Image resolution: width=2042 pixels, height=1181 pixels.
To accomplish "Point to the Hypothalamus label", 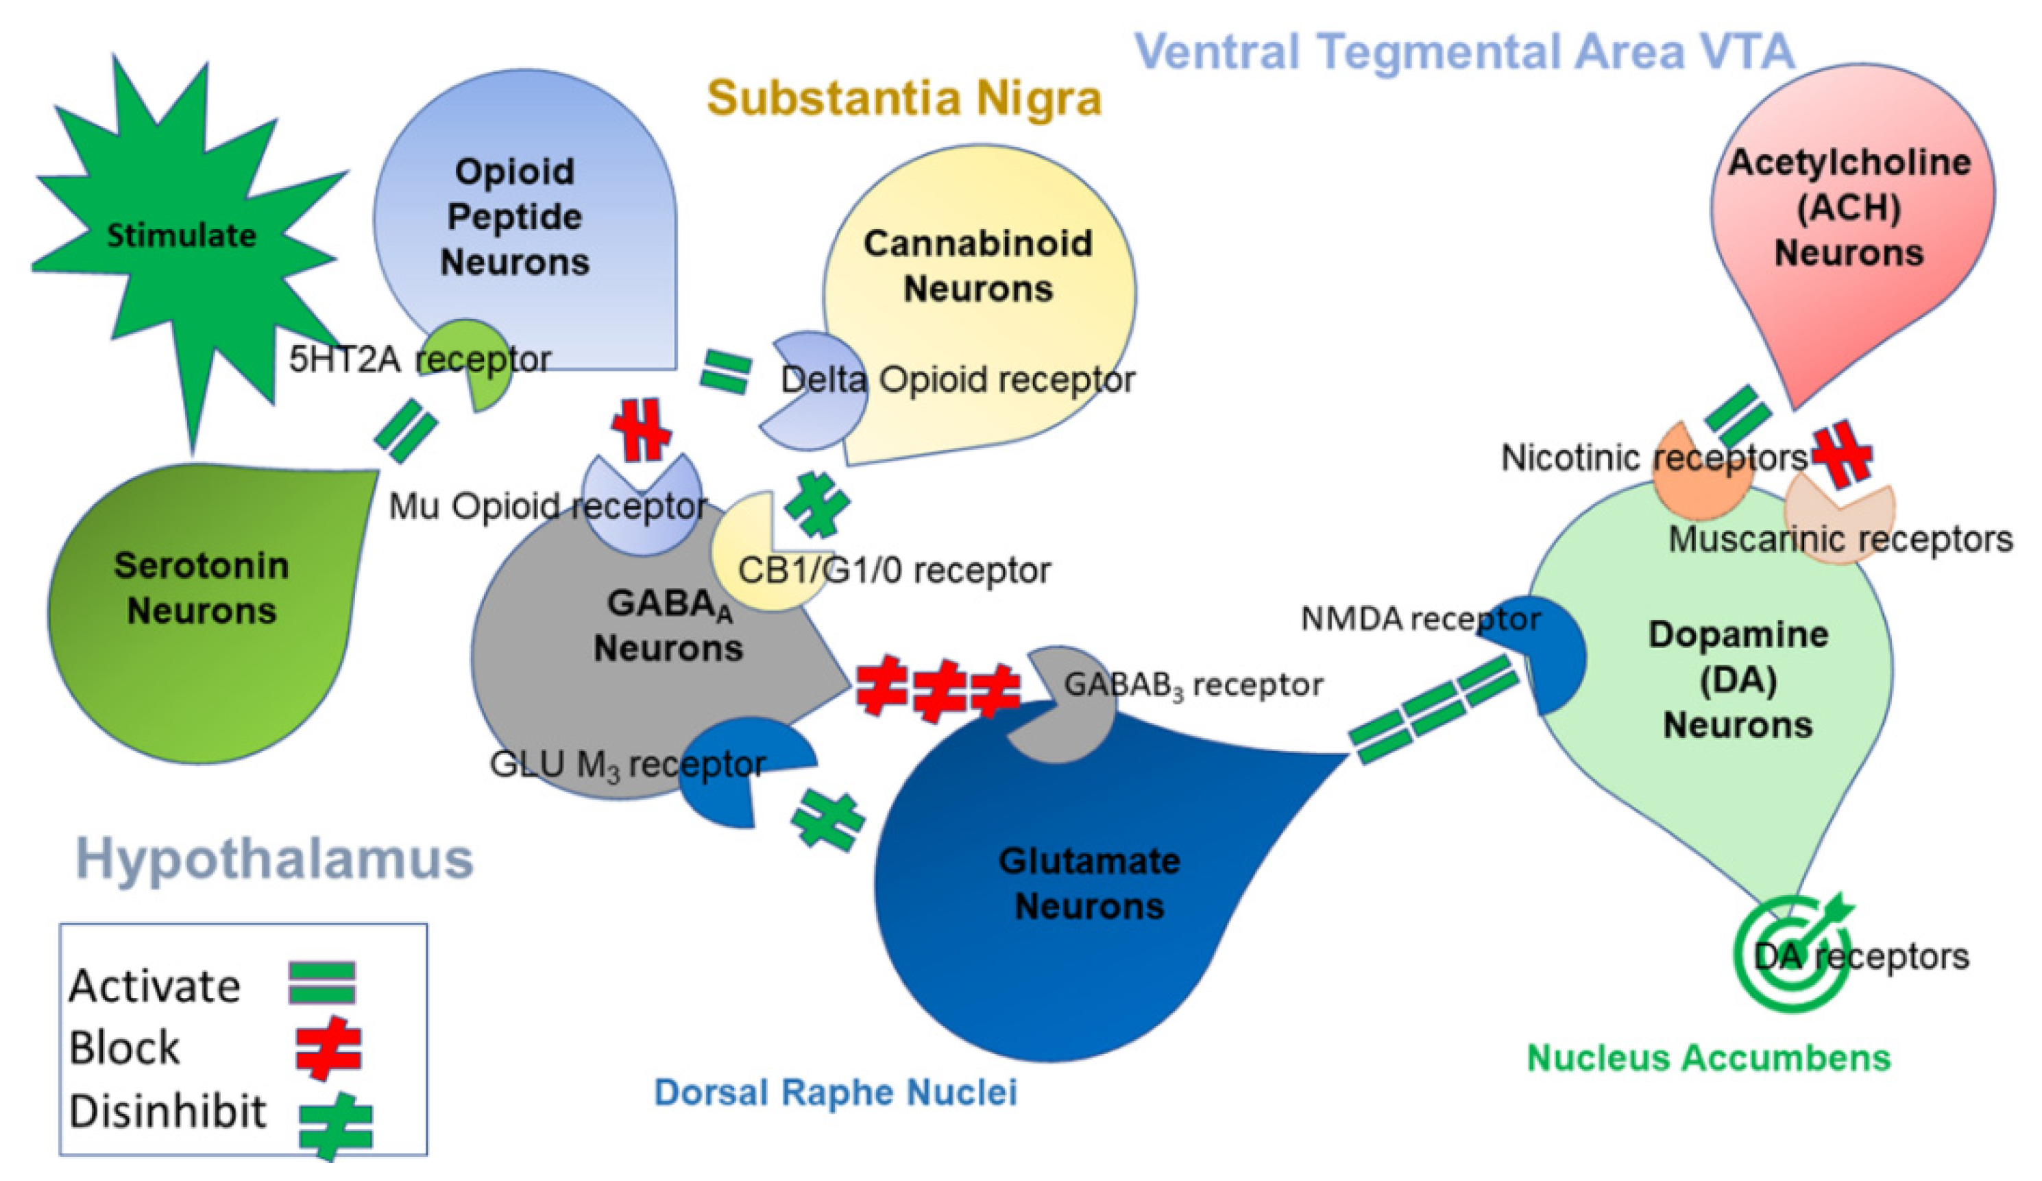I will tap(274, 859).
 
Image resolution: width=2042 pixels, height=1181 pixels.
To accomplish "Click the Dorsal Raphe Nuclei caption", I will tap(836, 1092).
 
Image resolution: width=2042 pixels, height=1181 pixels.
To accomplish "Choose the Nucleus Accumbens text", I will tap(1708, 1058).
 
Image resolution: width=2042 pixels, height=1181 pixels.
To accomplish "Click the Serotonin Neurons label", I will tap(201, 588).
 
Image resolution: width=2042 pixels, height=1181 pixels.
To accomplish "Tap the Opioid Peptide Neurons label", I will tap(515, 217).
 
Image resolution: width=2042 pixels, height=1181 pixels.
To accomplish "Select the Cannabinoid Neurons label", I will tap(978, 266).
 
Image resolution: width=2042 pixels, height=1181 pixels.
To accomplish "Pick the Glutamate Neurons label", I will tap(1089, 883).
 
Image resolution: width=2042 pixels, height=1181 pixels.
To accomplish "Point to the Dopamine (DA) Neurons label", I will tap(1738, 679).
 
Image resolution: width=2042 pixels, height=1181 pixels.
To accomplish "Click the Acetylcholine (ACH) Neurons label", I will tap(1849, 208).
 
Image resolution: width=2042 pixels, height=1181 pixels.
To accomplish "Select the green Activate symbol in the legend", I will tap(322, 983).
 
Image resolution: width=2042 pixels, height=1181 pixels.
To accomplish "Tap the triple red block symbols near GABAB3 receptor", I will tap(938, 690).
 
